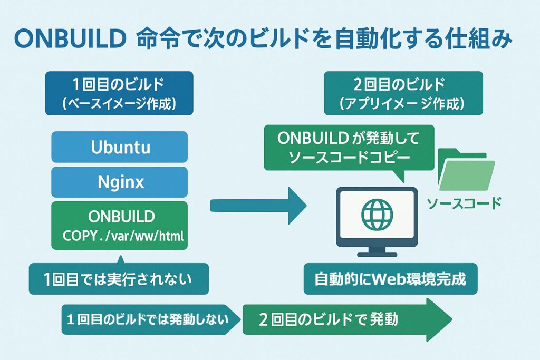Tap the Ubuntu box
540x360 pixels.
click(120, 147)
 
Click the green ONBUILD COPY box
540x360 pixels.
click(120, 225)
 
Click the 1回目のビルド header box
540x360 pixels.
click(120, 93)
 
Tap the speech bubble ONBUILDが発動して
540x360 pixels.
click(348, 148)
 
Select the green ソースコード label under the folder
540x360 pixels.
click(463, 203)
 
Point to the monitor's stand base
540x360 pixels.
click(377, 254)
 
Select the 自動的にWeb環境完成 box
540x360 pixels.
click(390, 278)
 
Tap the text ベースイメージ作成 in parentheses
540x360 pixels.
click(120, 103)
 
